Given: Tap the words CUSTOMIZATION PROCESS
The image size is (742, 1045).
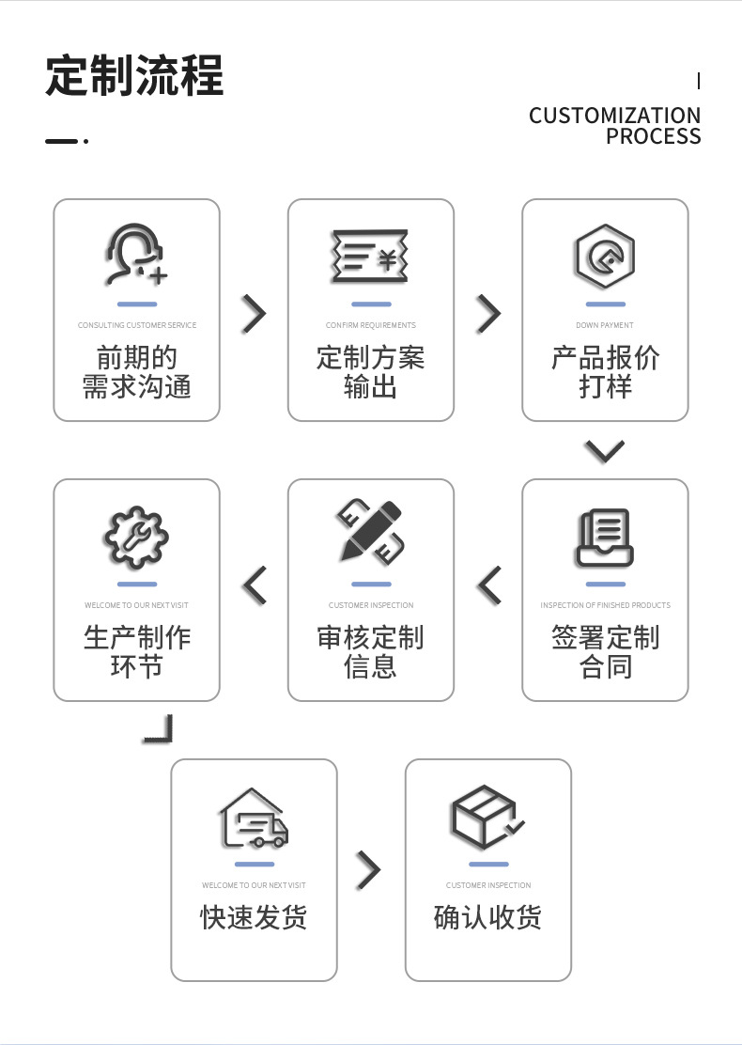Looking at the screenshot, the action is (614, 126).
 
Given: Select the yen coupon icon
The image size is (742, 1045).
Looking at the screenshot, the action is (370, 255).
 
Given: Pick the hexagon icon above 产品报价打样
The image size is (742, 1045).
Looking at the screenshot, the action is (605, 255).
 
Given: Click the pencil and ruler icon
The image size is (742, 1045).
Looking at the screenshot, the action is (370, 533).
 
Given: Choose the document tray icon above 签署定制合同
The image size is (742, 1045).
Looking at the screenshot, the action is (605, 535).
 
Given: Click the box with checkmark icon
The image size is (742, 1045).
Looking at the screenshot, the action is (487, 816).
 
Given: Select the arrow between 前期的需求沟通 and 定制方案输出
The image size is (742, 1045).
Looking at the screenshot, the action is (254, 314).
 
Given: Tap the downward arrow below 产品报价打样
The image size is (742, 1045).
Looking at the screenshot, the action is (604, 451).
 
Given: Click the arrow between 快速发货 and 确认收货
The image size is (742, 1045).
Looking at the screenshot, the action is (369, 871).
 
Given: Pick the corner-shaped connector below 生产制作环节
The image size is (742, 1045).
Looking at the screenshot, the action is (160, 729).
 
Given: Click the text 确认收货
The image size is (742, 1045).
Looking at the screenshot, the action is (487, 917).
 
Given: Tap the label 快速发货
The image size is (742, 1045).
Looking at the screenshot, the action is (254, 917).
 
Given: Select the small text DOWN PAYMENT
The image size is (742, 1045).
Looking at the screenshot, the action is (605, 325).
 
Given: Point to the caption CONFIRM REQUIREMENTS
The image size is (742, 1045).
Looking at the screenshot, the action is (370, 325).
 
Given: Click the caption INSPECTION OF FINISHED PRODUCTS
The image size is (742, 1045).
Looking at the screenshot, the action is (605, 605).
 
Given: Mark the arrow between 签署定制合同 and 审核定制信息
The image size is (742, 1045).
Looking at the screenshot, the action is (489, 585).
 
